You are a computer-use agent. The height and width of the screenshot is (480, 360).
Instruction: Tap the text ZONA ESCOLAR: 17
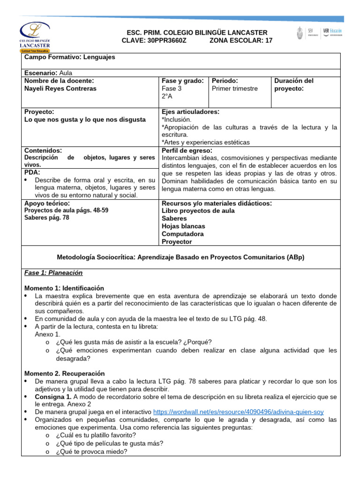[x=240, y=41]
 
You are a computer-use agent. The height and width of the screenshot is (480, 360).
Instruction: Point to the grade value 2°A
[x=167, y=96]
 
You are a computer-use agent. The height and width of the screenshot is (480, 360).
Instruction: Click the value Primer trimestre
[x=235, y=89]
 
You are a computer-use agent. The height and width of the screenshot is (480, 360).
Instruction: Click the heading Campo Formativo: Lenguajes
[x=69, y=57]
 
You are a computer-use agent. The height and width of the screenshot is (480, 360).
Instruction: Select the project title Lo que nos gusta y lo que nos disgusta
[x=85, y=120]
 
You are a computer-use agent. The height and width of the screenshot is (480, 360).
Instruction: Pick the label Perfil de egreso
[x=187, y=150]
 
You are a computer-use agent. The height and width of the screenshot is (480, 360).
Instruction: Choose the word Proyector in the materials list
[x=177, y=241]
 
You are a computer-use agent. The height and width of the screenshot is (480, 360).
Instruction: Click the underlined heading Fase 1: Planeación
[x=53, y=273]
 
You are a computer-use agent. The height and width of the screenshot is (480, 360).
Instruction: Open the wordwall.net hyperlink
[x=238, y=412]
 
